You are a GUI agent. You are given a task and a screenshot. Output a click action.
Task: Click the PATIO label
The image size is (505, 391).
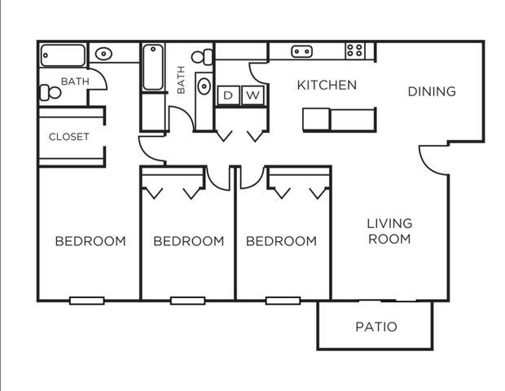tap(376, 327)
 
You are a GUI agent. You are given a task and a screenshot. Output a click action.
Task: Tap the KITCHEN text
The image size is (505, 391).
tap(327, 86)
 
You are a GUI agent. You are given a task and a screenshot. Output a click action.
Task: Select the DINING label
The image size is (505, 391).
tap(432, 92)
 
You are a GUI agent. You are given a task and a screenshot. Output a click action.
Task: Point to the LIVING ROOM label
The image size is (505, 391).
tap(389, 231)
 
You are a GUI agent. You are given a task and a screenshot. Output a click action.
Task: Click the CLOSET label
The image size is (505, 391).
tap(69, 137)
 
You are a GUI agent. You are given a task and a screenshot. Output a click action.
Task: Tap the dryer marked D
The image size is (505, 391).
tap(228, 95)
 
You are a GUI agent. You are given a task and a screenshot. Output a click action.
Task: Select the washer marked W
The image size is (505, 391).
tap(253, 95)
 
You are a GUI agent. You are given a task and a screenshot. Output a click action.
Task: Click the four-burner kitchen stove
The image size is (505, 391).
tap(355, 51)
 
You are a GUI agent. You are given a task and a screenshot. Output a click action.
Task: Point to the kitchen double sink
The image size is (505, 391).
tap(301, 51)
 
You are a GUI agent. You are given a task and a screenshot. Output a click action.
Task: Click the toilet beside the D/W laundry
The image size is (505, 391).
tap(202, 57)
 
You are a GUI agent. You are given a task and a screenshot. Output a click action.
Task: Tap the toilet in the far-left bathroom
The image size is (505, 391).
tap(50, 93)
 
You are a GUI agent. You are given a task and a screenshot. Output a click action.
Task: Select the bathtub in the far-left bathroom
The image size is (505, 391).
tap(64, 55)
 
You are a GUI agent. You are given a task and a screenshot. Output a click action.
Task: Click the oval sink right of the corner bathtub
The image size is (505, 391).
tap(103, 54)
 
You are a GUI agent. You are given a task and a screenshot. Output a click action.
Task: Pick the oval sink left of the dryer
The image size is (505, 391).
tap(204, 86)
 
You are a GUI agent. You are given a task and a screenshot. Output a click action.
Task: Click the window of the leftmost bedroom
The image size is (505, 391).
tap(87, 301)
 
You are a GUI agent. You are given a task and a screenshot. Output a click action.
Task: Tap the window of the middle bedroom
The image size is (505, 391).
tap(188, 301)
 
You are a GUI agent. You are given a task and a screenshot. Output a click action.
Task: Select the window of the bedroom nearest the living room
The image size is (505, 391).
tap(283, 301)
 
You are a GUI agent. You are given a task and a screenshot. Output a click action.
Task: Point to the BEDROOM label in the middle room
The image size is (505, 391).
tap(189, 241)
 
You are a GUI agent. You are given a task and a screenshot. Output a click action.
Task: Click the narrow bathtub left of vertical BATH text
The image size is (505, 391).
tap(153, 68)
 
